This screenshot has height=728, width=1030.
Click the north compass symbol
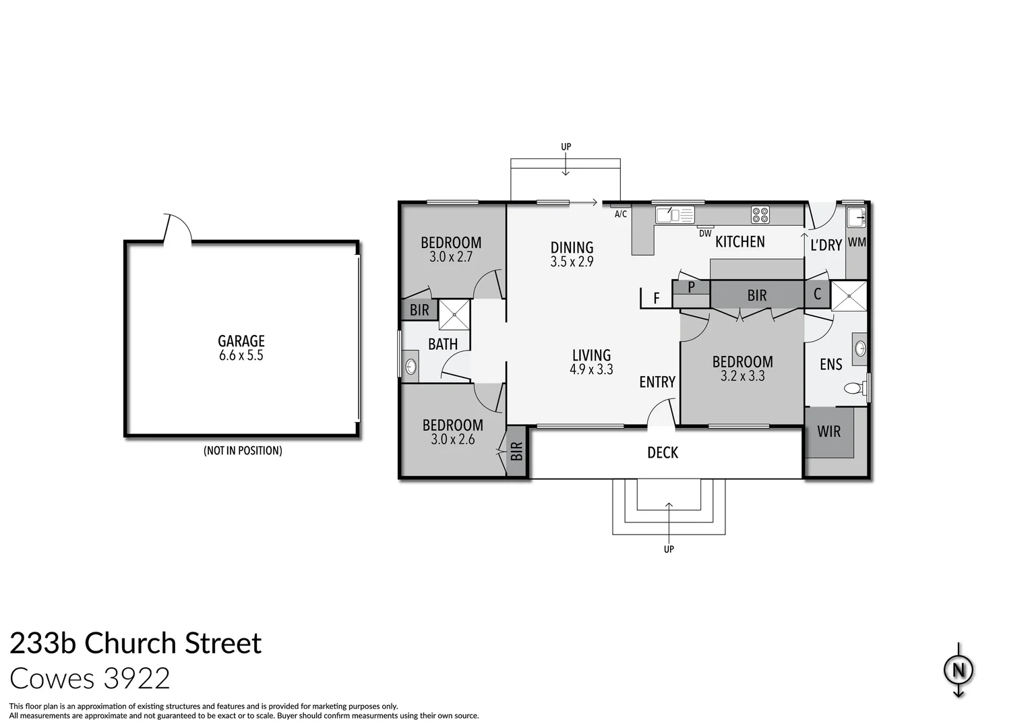958,671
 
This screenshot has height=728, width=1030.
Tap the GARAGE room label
241,341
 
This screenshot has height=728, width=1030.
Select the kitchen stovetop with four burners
760,214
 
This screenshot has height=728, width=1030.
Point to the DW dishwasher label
705,234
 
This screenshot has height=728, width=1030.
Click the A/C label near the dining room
621,214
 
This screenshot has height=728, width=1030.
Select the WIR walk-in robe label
828,431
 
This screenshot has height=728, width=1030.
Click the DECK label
663,453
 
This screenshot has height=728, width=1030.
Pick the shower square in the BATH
454,314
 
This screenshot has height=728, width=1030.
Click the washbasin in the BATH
411,367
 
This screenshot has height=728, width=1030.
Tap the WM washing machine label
857,242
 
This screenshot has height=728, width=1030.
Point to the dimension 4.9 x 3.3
591,369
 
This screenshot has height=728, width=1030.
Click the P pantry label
691,286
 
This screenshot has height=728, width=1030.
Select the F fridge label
657,298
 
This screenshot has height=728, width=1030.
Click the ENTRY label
657,382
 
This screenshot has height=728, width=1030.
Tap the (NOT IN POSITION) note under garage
243,451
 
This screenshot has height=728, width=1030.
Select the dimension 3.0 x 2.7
451,257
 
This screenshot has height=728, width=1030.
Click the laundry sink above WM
855,218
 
